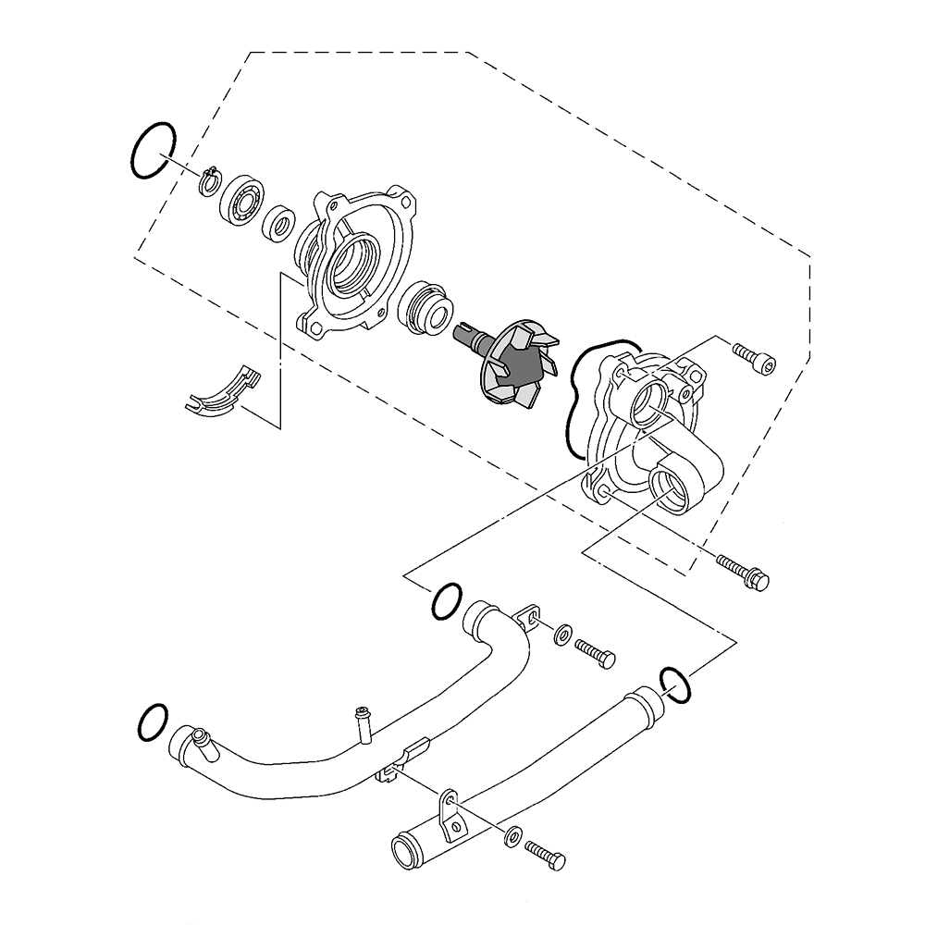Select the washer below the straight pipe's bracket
click(512, 835)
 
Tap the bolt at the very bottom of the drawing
click(545, 853)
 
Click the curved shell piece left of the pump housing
click(218, 393)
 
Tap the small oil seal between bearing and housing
click(278, 223)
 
